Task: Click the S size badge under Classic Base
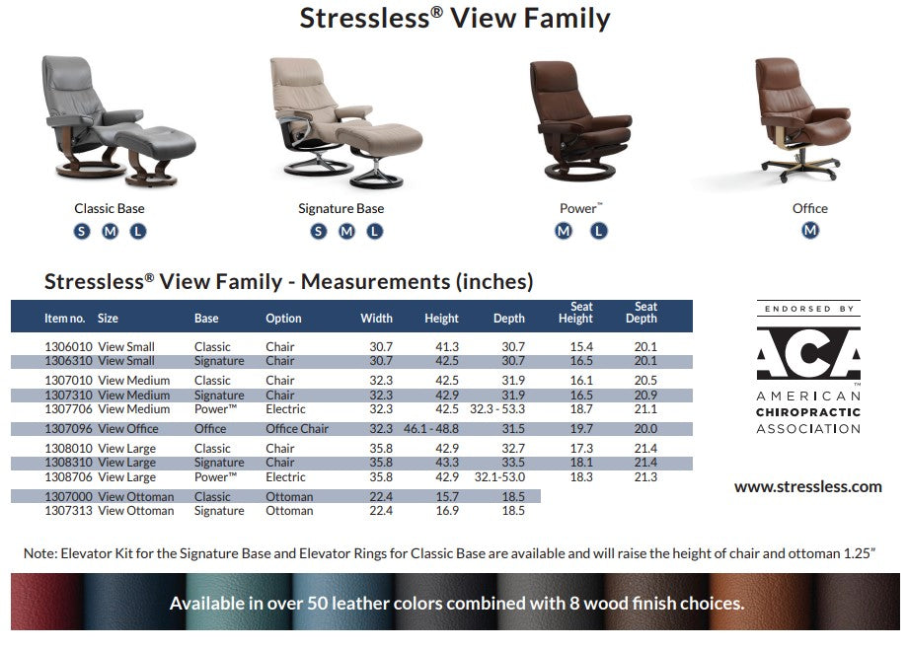[x=82, y=232]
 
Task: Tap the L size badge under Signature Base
[x=375, y=232]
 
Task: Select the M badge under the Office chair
[x=810, y=231]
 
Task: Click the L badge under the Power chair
[x=599, y=232]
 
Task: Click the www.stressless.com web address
[x=807, y=486]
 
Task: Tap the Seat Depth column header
[x=645, y=313]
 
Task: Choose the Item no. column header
[x=65, y=319]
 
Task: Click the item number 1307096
[x=67, y=429]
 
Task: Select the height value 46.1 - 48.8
[x=431, y=429]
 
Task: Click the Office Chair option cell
[x=297, y=429]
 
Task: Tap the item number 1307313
[x=67, y=511]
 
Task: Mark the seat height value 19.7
[x=580, y=429]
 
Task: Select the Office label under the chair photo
[x=810, y=209]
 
